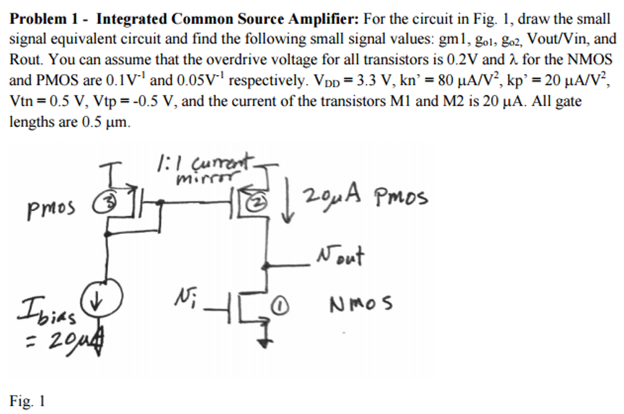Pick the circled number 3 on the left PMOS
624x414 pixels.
(105, 204)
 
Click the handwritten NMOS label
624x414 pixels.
(360, 304)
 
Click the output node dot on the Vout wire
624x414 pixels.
(266, 266)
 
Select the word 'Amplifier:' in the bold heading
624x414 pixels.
(324, 19)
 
